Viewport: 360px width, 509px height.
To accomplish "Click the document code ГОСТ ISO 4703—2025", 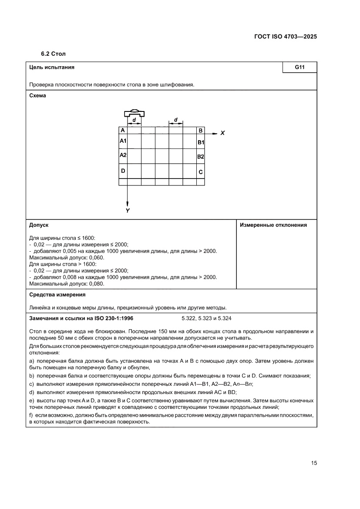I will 285,37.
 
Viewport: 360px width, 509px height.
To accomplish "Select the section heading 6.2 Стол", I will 53,54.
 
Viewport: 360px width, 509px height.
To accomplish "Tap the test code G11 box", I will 299,67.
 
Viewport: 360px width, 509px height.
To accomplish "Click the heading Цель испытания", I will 51,67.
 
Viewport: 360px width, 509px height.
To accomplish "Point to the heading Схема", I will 37,96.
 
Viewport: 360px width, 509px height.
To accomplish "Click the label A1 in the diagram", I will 123,141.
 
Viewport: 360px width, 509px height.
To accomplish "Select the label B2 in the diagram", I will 200,157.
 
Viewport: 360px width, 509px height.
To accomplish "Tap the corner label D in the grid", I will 123,171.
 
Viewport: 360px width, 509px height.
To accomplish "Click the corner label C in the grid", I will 200,172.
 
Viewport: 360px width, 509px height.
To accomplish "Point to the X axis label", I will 222,133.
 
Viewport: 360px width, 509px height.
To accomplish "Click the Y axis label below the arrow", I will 128,210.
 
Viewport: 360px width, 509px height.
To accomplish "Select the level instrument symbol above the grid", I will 134,112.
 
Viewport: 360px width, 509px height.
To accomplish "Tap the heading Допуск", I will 39,225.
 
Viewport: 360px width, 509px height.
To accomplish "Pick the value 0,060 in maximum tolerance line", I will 96,257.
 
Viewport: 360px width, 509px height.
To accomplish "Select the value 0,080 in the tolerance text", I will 96,284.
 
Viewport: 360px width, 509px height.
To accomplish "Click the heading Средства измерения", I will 57,295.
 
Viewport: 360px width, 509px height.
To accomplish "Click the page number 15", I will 313,463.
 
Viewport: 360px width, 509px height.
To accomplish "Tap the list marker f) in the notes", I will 31,415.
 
